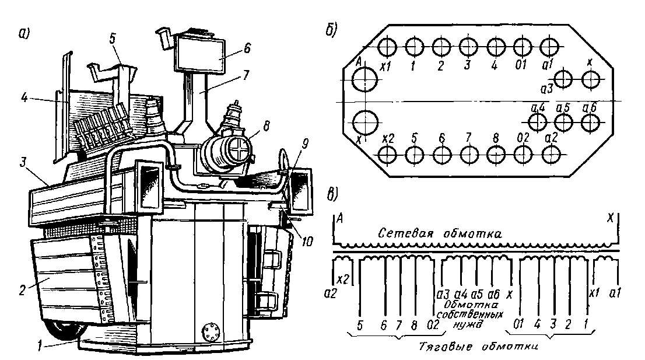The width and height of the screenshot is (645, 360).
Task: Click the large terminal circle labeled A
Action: pyautogui.click(x=364, y=81)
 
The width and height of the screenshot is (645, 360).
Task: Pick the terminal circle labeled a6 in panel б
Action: pyautogui.click(x=591, y=122)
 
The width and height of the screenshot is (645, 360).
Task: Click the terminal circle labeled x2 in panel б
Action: pyautogui.click(x=387, y=154)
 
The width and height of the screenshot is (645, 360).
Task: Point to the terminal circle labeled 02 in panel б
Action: pyautogui.click(x=523, y=154)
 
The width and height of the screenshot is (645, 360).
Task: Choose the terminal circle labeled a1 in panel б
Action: pyautogui.click(x=549, y=46)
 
